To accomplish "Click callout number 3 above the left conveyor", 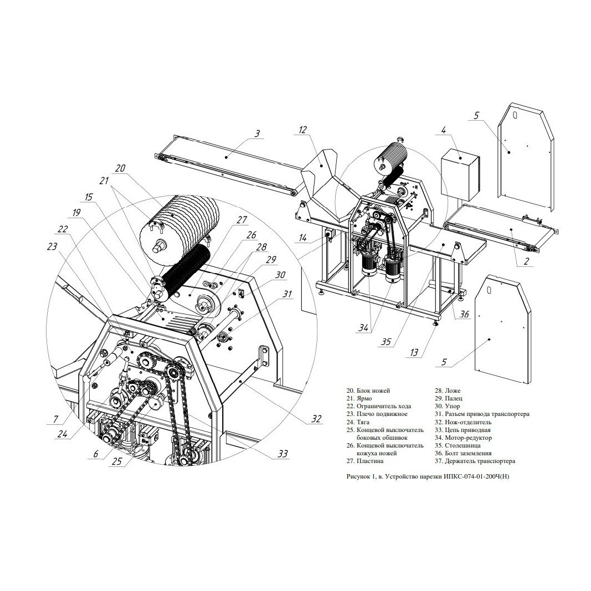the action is [257, 133].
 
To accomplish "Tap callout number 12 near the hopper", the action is [302, 130].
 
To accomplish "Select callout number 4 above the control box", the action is [444, 130].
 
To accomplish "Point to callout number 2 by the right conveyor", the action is [527, 260].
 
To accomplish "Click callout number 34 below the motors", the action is [363, 328].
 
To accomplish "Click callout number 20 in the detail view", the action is [120, 168].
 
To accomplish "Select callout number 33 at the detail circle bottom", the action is [282, 454].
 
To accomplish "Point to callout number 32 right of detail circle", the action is [317, 418].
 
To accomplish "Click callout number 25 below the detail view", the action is [117, 461].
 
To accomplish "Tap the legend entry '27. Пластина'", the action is [365, 461].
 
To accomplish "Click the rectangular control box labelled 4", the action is [460, 175].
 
